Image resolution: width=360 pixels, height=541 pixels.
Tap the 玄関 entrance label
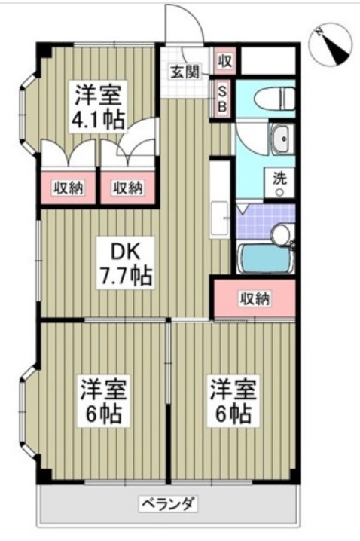[x=184, y=72]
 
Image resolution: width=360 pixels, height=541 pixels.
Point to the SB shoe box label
[x=223, y=99]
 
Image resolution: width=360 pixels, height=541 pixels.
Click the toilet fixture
[x=271, y=99]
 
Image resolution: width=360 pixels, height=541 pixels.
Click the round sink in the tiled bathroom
[x=282, y=234]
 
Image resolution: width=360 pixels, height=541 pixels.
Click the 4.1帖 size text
[x=98, y=121]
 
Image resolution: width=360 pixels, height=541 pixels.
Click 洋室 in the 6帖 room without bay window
[x=233, y=390]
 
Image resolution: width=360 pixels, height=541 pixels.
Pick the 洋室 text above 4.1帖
[x=98, y=95]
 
